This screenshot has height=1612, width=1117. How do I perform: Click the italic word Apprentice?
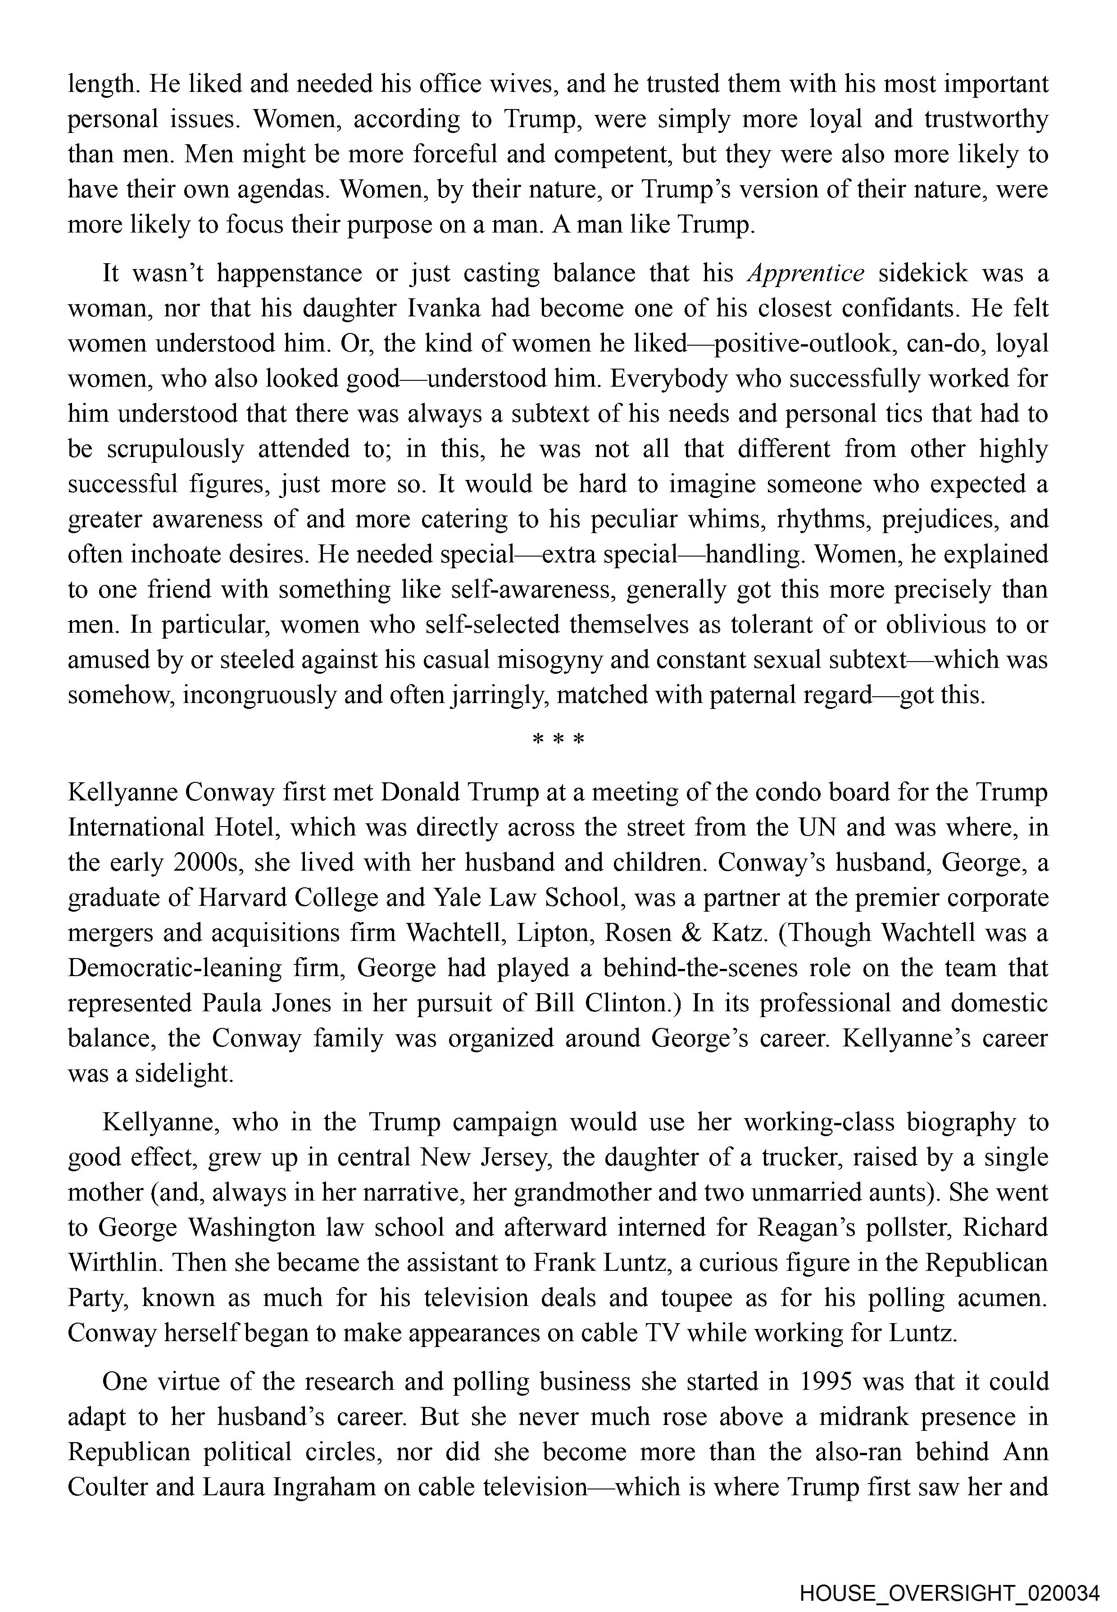[x=806, y=273]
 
